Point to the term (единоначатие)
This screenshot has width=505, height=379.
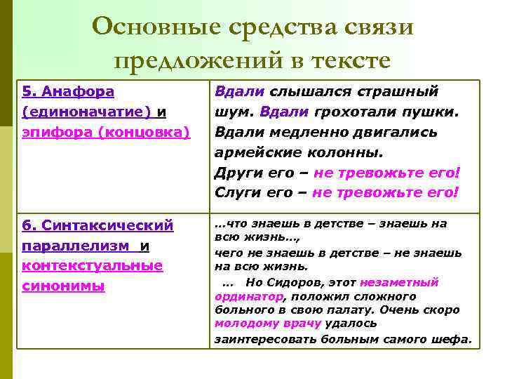(86, 112)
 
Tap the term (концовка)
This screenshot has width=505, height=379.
(147, 131)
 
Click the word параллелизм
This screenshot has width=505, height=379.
(75, 246)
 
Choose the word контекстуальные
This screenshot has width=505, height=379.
(92, 267)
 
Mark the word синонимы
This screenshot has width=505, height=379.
(63, 286)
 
